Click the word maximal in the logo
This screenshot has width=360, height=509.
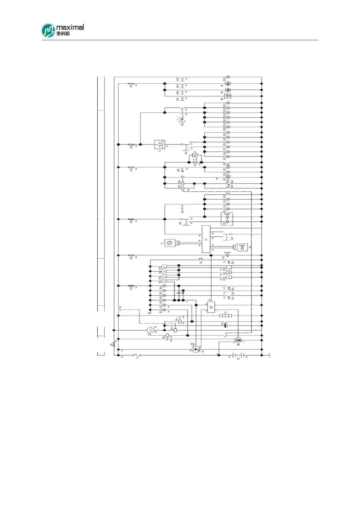[70, 28]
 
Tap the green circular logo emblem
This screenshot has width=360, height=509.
[48, 31]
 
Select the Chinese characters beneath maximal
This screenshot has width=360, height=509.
[63, 34]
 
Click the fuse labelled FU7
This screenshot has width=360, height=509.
[131, 84]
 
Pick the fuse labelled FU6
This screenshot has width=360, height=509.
[131, 145]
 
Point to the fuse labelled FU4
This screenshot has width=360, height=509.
[131, 219]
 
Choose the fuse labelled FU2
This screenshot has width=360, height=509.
[131, 286]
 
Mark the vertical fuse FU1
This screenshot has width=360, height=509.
[114, 344]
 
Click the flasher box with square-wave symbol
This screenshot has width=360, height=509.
[159, 145]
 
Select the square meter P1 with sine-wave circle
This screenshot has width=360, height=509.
[170, 243]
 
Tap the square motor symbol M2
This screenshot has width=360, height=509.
[228, 96]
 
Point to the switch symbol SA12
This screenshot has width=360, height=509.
[182, 79]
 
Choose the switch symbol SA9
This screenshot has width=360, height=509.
[182, 99]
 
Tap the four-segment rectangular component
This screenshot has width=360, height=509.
[225, 316]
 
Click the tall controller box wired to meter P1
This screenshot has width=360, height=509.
[206, 239]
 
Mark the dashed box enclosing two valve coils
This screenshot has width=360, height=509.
[227, 219]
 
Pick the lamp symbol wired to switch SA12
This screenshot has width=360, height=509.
[228, 77]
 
